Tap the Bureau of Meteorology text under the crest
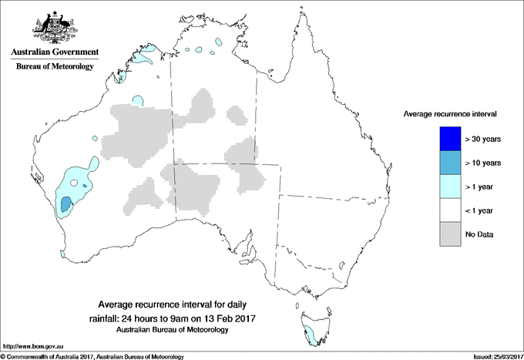pyautogui.click(x=55, y=66)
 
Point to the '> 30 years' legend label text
pyautogui.click(x=483, y=139)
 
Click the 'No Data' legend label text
pyautogui.click(x=479, y=234)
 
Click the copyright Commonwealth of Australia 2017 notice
pyautogui.click(x=92, y=356)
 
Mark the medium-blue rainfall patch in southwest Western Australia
pyautogui.click(x=65, y=205)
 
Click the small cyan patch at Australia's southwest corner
pyautogui.click(x=64, y=251)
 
